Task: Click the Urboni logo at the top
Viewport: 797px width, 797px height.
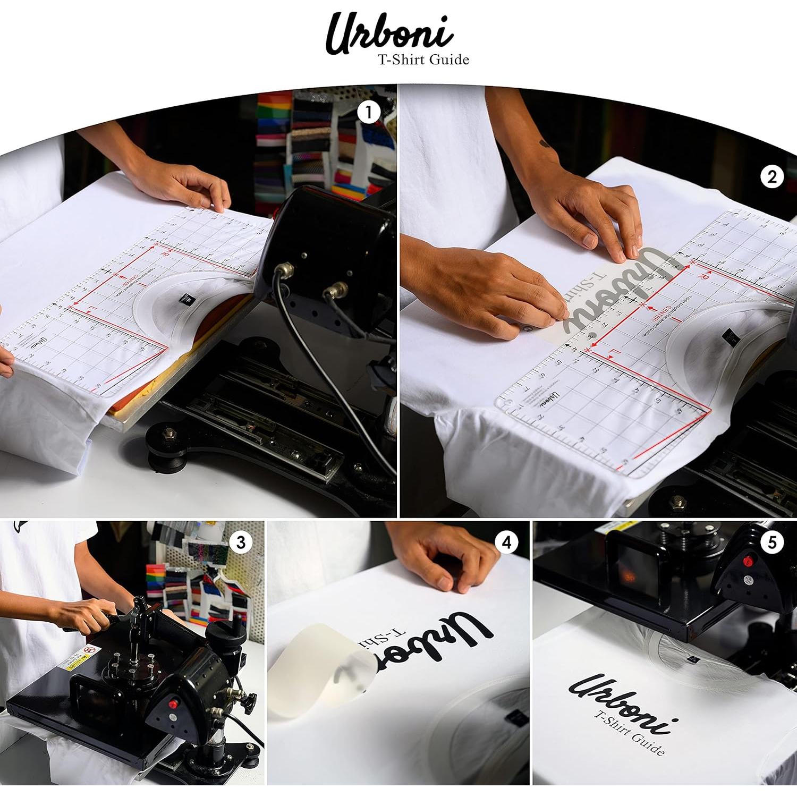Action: (x=389, y=33)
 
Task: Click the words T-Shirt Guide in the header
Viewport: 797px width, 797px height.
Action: (x=423, y=60)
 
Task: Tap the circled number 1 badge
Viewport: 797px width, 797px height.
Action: (x=369, y=113)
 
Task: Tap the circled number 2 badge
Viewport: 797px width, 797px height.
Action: (x=771, y=177)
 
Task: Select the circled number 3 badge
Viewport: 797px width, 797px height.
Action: (x=241, y=542)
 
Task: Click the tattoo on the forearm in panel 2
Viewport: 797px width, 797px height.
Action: (x=545, y=143)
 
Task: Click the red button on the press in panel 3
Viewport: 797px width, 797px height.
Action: (x=173, y=705)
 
